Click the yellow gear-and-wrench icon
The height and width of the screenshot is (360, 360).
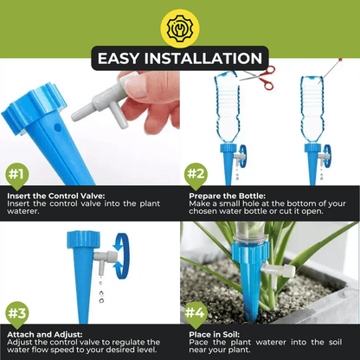(180, 29)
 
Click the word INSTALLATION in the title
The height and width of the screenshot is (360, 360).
(203, 58)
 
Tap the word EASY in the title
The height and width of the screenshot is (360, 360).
(119, 58)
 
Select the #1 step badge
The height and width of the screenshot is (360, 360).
(16, 176)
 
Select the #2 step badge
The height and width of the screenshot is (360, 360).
(196, 175)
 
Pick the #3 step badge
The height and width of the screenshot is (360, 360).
(16, 314)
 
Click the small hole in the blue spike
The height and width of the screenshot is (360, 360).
(58, 127)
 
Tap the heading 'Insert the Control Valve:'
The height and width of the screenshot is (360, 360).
(55, 196)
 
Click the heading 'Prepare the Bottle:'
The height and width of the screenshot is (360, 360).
(227, 196)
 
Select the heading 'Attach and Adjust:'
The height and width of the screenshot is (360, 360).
(45, 335)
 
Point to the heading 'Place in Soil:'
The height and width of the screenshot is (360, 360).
(215, 335)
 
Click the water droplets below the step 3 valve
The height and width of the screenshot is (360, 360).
(101, 292)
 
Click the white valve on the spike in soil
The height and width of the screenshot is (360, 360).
(278, 274)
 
